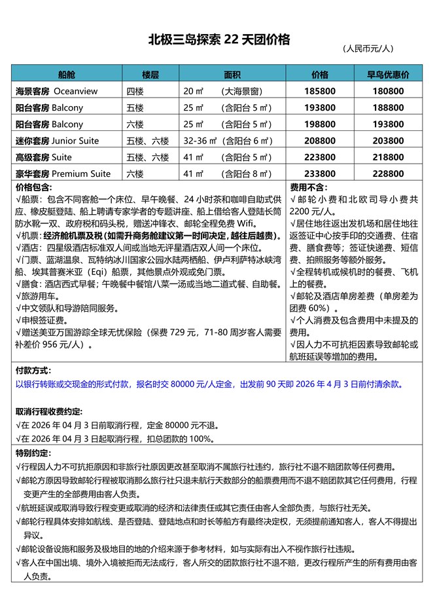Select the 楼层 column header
(152, 75)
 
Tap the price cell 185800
(320, 91)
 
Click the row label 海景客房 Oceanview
(56, 91)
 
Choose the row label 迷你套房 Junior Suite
(57, 141)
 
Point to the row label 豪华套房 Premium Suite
(63, 174)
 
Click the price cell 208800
(320, 141)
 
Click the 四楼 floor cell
(135, 91)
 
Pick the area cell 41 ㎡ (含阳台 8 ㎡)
(227, 174)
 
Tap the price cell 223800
(320, 157)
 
